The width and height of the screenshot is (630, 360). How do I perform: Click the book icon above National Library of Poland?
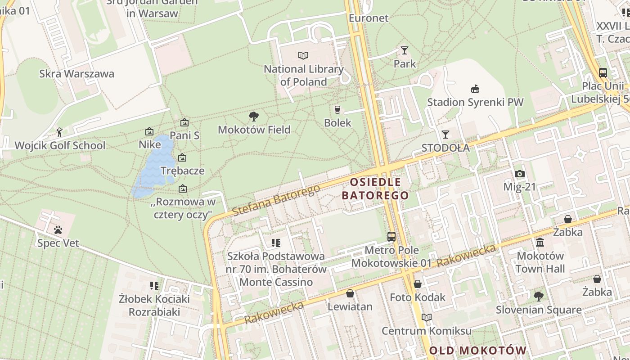pos(303,55)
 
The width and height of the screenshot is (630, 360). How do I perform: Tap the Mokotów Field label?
pos(254,130)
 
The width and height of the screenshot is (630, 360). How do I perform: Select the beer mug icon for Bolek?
pos(337,109)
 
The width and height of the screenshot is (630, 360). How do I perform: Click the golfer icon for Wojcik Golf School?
pos(59,132)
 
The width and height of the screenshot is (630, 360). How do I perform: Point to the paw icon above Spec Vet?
pos(58,230)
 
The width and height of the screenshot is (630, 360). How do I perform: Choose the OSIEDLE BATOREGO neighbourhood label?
pos(375,189)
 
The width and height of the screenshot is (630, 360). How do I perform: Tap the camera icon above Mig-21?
pos(519,174)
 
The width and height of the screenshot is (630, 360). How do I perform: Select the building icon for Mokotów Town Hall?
pos(540,243)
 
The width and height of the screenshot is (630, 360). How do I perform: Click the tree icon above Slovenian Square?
pos(538,296)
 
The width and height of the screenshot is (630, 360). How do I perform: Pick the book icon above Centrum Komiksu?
pos(426,317)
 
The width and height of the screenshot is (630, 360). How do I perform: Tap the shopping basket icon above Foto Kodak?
pos(417,284)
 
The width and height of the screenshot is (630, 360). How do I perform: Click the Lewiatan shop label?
pos(350,307)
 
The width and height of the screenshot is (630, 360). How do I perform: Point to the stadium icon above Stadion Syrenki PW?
pos(475,89)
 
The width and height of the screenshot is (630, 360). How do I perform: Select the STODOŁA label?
pos(445,148)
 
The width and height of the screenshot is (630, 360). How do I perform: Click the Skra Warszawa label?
pos(76,74)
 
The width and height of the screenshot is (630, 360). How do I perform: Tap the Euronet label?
pos(369,18)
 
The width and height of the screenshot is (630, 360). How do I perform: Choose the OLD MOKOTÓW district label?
pos(477,351)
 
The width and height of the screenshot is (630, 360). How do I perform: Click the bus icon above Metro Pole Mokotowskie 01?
pos(391,236)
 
